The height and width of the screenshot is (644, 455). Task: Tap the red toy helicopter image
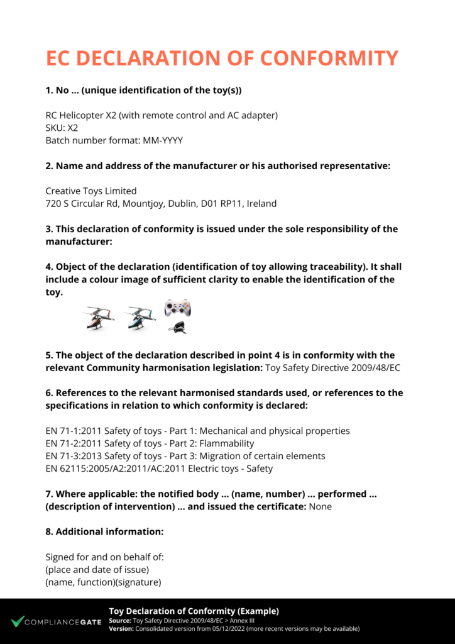coord(101,318)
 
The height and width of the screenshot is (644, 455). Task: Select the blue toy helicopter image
coord(140,318)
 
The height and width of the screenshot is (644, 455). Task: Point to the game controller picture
coord(177,308)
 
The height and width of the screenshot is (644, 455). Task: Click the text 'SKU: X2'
coord(62,128)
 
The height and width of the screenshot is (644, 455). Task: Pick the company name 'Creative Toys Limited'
coord(91,191)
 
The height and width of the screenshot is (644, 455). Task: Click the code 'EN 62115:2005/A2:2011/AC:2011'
coord(113,469)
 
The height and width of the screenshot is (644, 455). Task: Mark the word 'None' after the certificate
coord(321,506)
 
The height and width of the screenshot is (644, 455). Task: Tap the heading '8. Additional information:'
coord(104,531)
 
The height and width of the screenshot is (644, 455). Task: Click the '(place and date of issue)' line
coord(97,570)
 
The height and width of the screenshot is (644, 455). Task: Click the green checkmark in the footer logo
coord(17,621)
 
